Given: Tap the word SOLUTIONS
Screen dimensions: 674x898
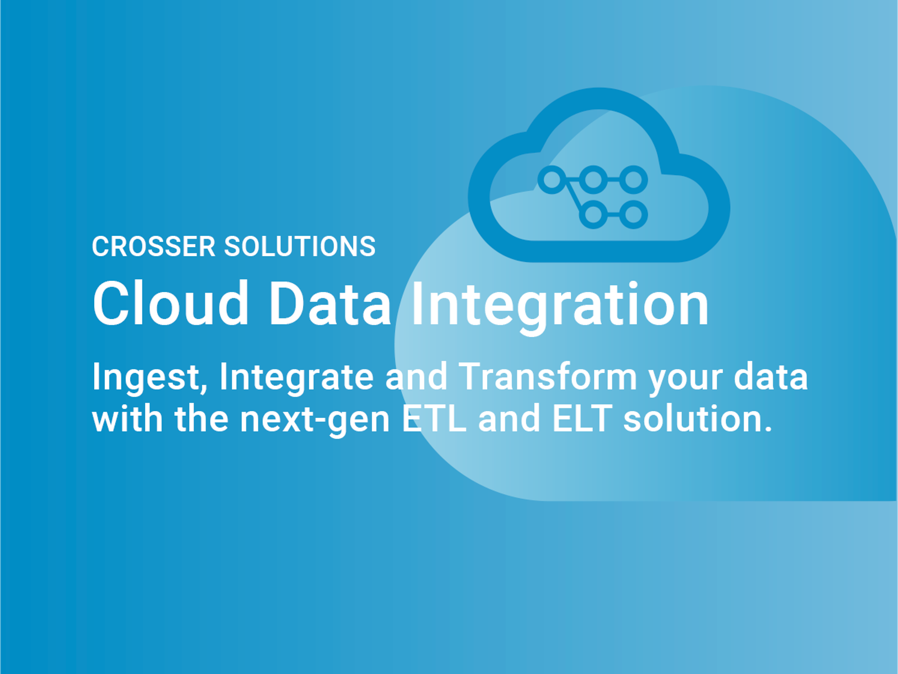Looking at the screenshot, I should (300, 247).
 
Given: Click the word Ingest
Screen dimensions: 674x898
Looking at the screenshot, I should (150, 377).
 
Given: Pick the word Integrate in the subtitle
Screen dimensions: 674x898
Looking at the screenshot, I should (296, 377).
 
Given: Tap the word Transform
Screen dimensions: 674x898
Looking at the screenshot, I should (548, 376).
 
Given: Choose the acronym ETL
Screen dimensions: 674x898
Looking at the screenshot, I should (434, 419).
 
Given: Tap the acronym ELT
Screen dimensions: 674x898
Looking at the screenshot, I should (582, 419).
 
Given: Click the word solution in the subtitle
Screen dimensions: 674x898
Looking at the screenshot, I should (698, 419).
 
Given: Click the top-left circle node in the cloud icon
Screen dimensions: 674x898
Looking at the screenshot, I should (552, 180).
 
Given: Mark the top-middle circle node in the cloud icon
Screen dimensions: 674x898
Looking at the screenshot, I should (593, 180).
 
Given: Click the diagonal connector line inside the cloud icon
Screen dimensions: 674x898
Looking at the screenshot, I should (574, 198).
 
